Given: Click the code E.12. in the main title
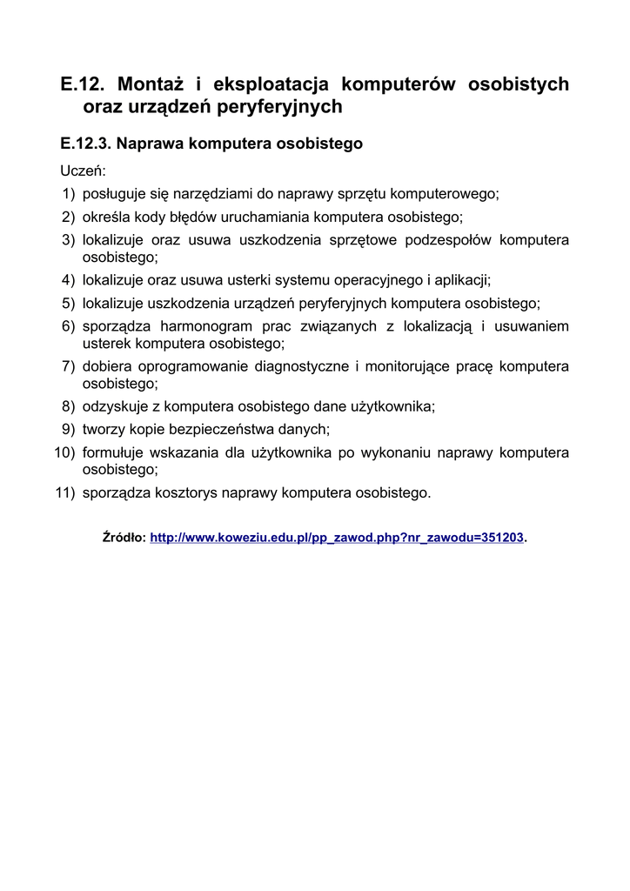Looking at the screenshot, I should (83, 84).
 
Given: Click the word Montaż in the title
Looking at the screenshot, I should (150, 84).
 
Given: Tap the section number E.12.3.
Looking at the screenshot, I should (85, 143).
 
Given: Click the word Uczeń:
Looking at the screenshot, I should (83, 171).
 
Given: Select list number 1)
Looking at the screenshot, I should (68, 193).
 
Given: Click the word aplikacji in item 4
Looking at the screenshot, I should (464, 280).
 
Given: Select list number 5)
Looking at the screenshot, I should (68, 303).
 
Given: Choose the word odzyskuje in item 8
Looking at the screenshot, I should (113, 405).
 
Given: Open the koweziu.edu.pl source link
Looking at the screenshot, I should (338, 538).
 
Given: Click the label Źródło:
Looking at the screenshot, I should (124, 538).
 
